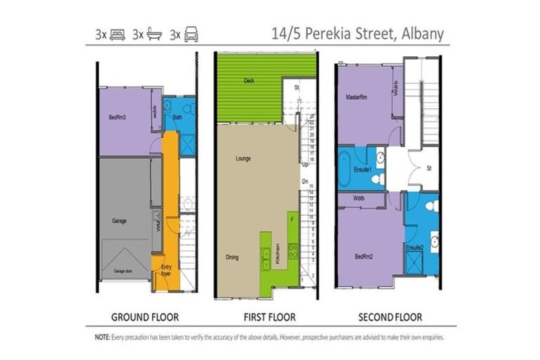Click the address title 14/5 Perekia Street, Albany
[358, 34]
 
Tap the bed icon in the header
[117, 34]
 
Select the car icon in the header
[191, 34]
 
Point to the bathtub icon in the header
[154, 34]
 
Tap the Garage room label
[119, 221]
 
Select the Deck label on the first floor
[249, 81]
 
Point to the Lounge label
[243, 158]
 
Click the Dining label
[232, 257]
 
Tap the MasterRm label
[357, 97]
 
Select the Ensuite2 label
[413, 247]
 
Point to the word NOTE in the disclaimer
[101, 337]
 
